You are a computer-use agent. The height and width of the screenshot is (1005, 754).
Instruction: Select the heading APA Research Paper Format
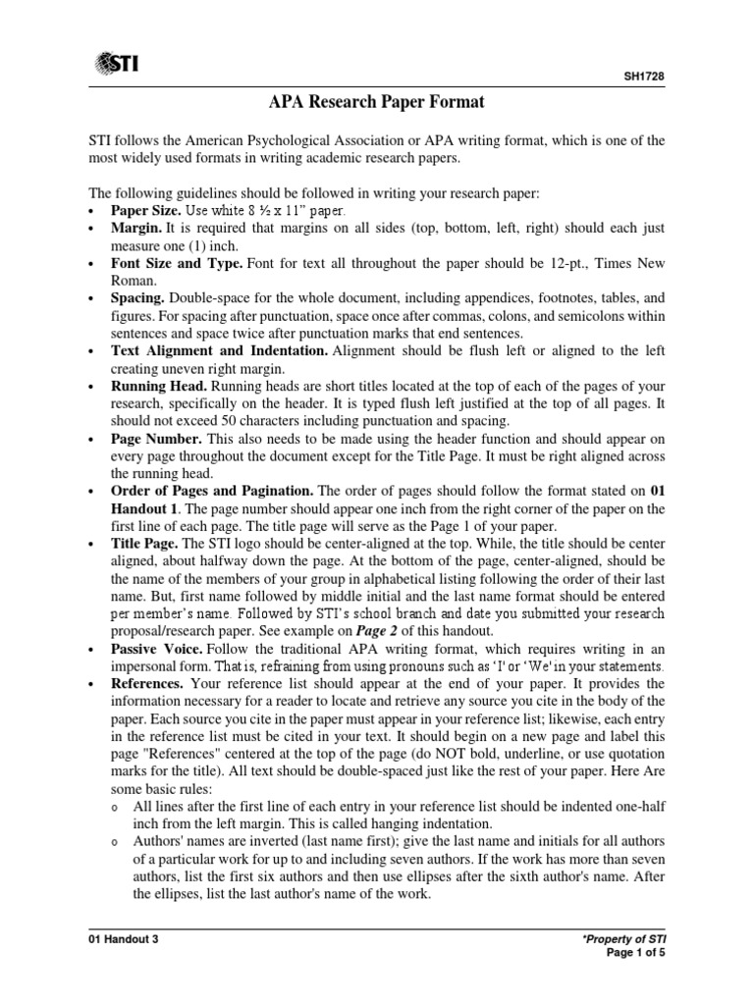click(377, 101)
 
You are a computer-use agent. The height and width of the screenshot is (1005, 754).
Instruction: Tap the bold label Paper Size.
click(146, 210)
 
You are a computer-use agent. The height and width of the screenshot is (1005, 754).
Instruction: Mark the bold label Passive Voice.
click(155, 650)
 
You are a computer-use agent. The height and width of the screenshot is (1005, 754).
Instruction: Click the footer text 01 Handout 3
click(123, 939)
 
